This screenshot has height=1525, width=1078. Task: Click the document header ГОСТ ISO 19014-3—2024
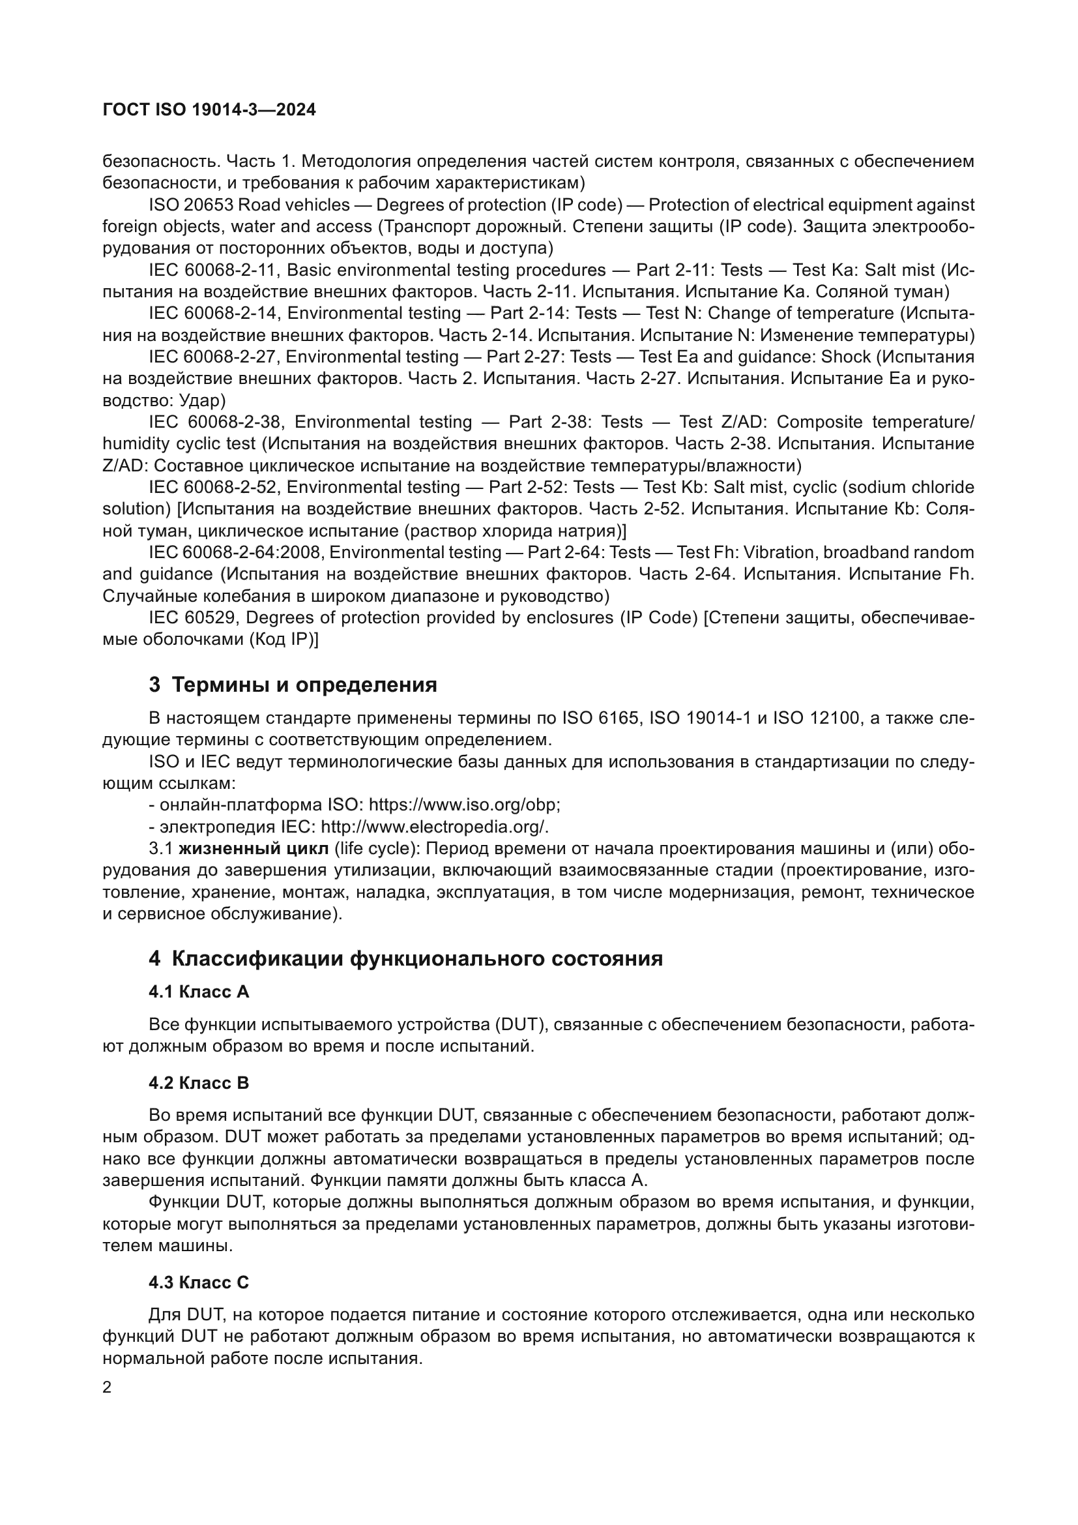tap(209, 110)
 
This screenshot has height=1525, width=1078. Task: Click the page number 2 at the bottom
tap(108, 1387)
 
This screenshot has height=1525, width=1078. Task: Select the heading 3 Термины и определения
tap(293, 685)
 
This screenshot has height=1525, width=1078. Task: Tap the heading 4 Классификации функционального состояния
tap(405, 959)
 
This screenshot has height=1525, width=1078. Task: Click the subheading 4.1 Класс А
tap(199, 992)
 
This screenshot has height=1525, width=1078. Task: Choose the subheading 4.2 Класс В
tap(199, 1084)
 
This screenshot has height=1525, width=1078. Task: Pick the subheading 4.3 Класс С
tap(199, 1282)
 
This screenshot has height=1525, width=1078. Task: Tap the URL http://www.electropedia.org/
tap(434, 827)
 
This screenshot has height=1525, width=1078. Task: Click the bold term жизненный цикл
tap(254, 849)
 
